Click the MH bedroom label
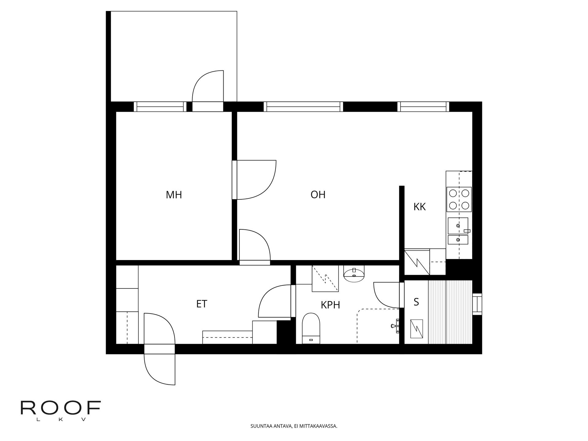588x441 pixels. (x=174, y=195)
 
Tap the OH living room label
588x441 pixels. (x=318, y=195)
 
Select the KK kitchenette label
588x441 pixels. (x=419, y=207)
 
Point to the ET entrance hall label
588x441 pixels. (x=202, y=304)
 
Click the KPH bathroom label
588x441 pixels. (x=330, y=305)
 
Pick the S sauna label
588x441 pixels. (x=416, y=302)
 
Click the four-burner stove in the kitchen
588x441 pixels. (x=459, y=199)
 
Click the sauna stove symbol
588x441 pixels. (x=417, y=329)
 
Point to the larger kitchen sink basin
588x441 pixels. (x=458, y=226)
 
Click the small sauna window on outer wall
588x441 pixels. (x=477, y=304)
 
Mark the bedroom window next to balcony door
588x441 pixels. (x=160, y=107)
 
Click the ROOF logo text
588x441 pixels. (x=60, y=408)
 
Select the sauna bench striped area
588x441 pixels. (x=450, y=312)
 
